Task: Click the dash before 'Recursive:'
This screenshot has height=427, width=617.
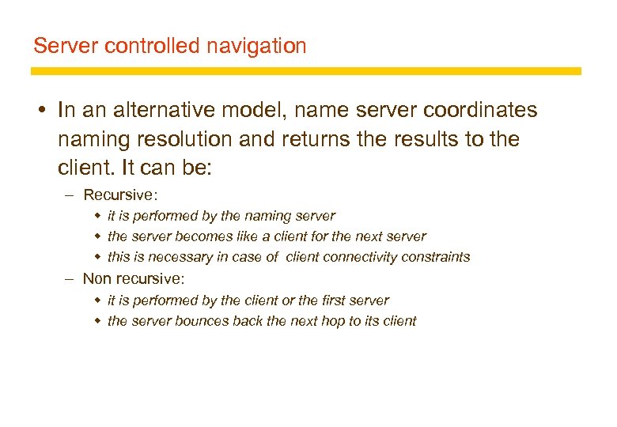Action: (x=70, y=195)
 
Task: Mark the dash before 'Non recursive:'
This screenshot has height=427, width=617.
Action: (x=70, y=278)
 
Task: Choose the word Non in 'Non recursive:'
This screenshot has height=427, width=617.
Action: (x=97, y=278)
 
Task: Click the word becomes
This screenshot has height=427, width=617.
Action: (x=196, y=236)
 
